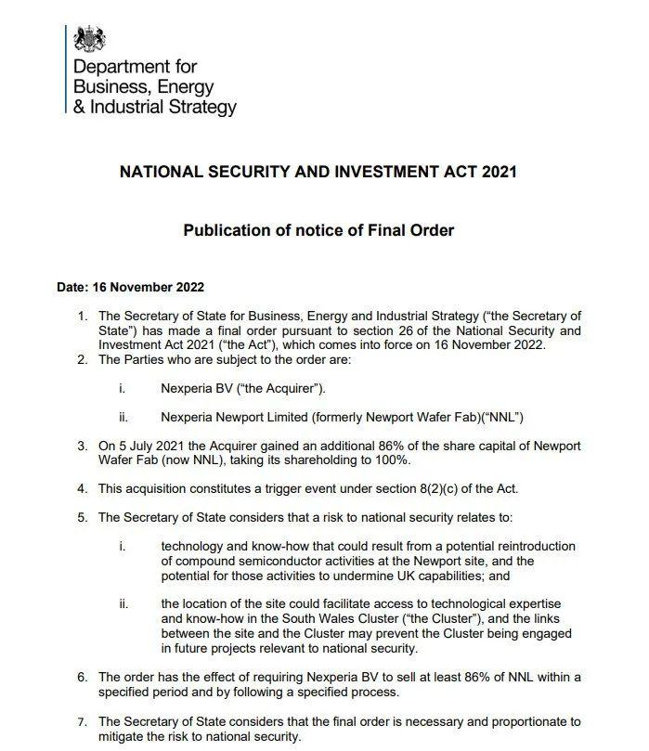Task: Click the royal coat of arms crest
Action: click(x=90, y=39)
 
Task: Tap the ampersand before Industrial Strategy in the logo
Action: click(x=79, y=108)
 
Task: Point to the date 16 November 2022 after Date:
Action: click(x=152, y=287)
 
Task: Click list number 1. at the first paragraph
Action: click(x=83, y=316)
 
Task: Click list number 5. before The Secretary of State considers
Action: click(x=83, y=517)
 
